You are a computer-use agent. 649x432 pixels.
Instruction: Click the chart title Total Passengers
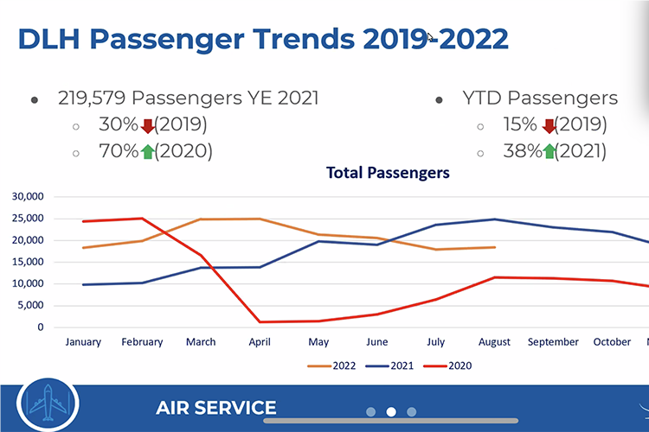pyautogui.click(x=388, y=173)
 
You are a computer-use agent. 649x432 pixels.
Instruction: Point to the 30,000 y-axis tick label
pyautogui.click(x=27, y=196)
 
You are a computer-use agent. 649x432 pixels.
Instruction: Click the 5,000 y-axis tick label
pyautogui.click(x=30, y=305)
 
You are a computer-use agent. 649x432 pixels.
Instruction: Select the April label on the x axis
pyautogui.click(x=260, y=342)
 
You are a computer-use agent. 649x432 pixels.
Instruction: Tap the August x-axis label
pyautogui.click(x=493, y=342)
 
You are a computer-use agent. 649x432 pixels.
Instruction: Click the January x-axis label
pyautogui.click(x=83, y=342)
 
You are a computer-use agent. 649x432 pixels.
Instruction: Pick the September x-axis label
pyautogui.click(x=553, y=342)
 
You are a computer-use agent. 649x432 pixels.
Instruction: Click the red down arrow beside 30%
pyautogui.click(x=147, y=125)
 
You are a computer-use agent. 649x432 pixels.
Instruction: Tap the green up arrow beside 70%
pyautogui.click(x=147, y=151)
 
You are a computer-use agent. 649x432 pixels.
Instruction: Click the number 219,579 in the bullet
pyautogui.click(x=95, y=98)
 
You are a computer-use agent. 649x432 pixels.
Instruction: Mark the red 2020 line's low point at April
pyautogui.click(x=260, y=321)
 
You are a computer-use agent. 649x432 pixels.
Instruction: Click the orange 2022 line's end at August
pyautogui.click(x=494, y=247)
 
